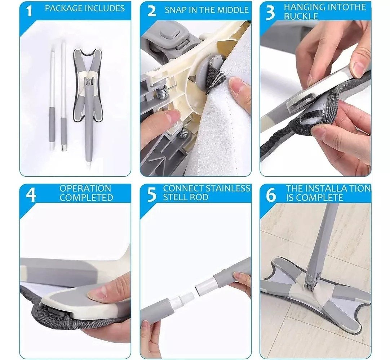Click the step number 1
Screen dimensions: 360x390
point(29,11)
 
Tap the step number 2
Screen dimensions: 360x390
point(152,11)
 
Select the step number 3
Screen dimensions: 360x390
point(270,12)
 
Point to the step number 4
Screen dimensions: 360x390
point(31,194)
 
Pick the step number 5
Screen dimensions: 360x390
point(152,194)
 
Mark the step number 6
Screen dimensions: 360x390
point(271,194)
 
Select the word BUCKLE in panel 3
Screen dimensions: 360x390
point(301,17)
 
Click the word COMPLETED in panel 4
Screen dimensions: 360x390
point(87,198)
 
